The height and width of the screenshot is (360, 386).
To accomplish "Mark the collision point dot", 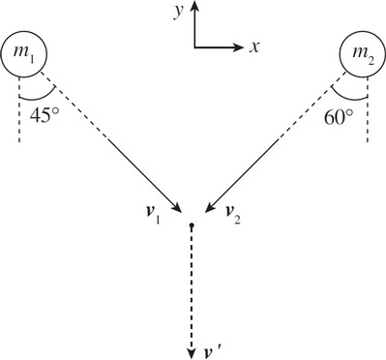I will pos(192,225).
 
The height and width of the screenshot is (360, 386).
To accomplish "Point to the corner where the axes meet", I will pos(194,45).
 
